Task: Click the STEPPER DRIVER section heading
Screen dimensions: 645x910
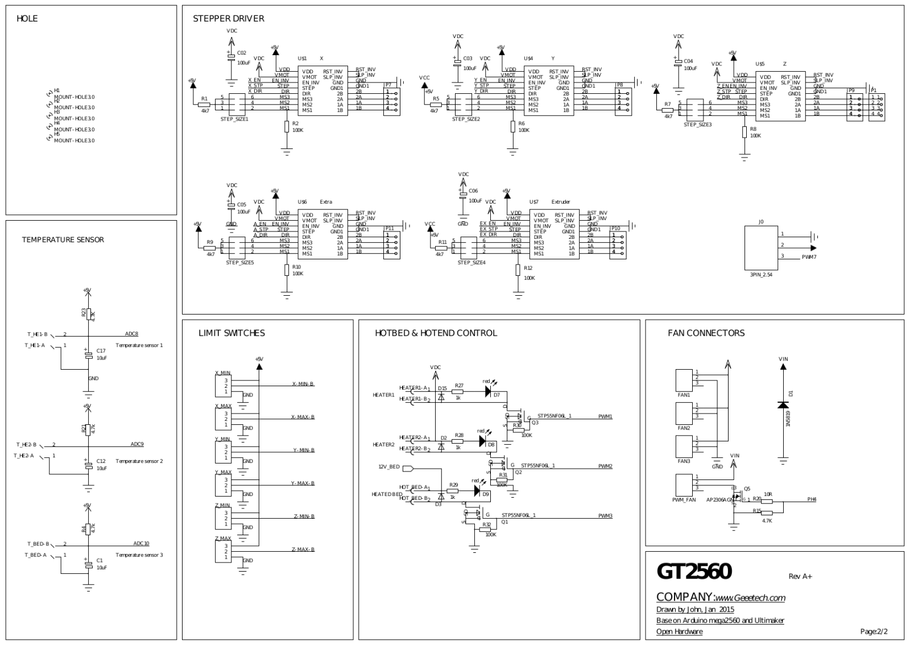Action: click(x=228, y=19)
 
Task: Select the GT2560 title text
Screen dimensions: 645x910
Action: click(x=694, y=572)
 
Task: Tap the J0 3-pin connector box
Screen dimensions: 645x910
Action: click(x=760, y=248)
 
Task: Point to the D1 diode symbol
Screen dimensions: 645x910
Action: click(x=783, y=404)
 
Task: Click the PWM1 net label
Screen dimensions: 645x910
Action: click(x=605, y=416)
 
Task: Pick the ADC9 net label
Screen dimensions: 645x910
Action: click(x=137, y=444)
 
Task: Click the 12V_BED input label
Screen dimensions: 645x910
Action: click(x=390, y=467)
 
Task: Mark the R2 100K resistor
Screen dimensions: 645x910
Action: click(x=287, y=126)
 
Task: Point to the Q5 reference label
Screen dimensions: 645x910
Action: click(x=747, y=489)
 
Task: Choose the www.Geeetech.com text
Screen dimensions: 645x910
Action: click(x=750, y=598)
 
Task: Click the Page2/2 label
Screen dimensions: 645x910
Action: click(x=874, y=631)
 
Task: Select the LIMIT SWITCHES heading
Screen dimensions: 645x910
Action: click(x=231, y=333)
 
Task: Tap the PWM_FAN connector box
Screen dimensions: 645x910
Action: click(x=684, y=485)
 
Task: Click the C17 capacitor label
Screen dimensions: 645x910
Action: click(x=101, y=350)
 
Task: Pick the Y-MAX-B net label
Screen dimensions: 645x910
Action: click(x=303, y=483)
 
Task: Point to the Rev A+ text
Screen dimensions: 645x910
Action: click(x=800, y=576)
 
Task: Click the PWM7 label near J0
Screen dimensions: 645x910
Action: click(x=809, y=257)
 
